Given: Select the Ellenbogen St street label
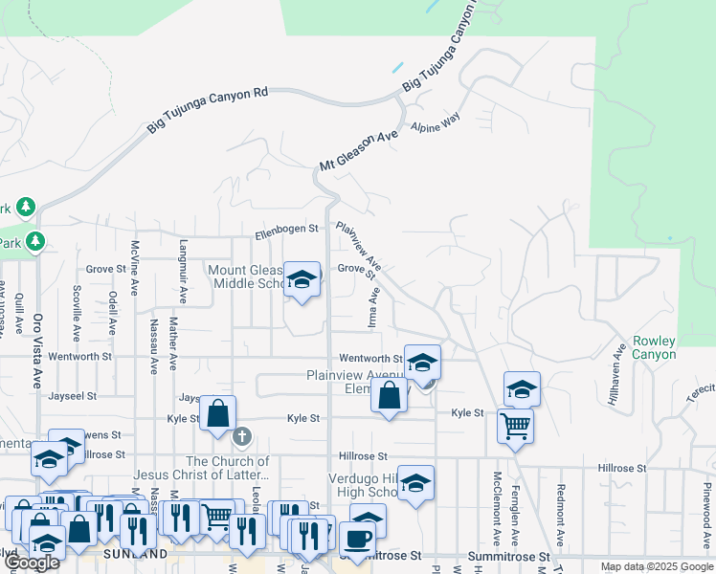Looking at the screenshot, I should [x=285, y=231].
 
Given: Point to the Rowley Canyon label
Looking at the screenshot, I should [x=654, y=348].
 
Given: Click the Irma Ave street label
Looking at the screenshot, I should [x=374, y=307].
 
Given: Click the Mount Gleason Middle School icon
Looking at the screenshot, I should [x=302, y=279].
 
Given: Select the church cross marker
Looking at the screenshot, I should [x=241, y=437].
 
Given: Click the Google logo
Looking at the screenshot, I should [x=32, y=563].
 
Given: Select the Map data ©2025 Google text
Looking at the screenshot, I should [x=656, y=566].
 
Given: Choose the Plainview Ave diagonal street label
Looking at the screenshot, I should [x=359, y=246].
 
